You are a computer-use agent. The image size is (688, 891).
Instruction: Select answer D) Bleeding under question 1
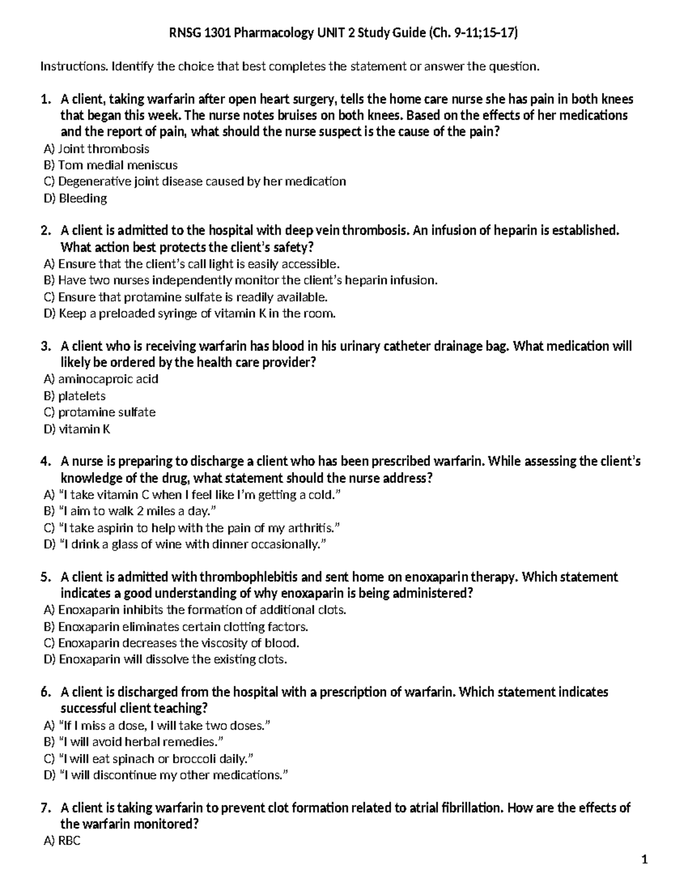[76, 199]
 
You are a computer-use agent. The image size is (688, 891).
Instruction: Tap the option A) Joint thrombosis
[96, 149]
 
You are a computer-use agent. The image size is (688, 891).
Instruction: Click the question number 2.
[46, 231]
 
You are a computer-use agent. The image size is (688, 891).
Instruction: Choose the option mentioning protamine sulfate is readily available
[186, 297]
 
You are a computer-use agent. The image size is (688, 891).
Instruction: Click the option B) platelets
[75, 396]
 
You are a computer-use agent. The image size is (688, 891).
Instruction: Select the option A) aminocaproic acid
[101, 379]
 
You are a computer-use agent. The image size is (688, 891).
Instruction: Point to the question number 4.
[46, 462]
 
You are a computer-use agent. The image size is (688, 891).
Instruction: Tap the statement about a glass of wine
[185, 544]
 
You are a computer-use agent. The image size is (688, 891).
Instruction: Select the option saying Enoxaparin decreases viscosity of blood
[171, 643]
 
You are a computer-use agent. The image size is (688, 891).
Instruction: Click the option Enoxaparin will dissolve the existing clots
[165, 660]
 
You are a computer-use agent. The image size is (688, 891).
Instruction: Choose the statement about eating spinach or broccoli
[148, 759]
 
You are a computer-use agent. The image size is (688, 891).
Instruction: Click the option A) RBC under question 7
[62, 842]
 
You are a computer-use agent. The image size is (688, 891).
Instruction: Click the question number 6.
[46, 692]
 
